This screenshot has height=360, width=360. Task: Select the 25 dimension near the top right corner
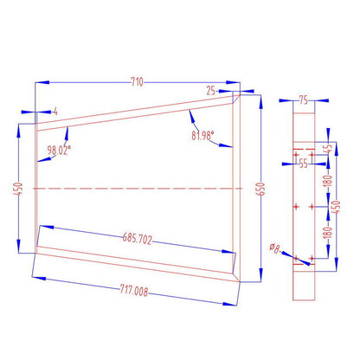point(211,89)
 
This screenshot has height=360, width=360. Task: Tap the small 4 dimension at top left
point(55,111)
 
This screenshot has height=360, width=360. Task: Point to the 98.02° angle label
point(60,149)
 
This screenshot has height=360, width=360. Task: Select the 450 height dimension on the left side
point(17,188)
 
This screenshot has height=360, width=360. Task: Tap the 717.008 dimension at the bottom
point(131,292)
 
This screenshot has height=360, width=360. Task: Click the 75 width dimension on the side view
point(303,100)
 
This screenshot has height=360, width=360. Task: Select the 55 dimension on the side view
point(303,162)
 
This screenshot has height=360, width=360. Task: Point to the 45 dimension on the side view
point(327,149)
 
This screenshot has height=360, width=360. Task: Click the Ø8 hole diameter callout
point(274,248)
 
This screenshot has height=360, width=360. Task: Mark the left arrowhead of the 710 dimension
point(37,83)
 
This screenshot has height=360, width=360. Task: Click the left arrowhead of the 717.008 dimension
point(35,278)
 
